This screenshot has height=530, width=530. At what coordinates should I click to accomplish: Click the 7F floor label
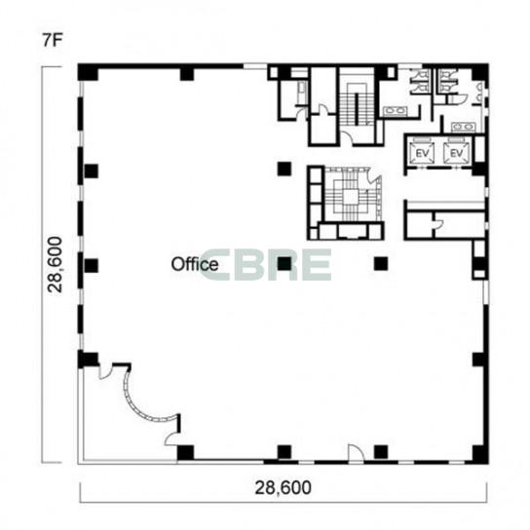click(53, 40)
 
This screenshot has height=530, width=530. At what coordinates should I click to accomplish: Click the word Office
click(194, 264)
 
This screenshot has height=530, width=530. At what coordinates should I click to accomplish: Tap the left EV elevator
click(422, 154)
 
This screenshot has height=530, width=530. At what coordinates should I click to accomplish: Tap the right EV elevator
click(456, 154)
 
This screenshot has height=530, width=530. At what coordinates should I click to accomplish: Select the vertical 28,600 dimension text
click(56, 265)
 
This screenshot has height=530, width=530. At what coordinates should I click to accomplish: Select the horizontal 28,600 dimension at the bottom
click(283, 488)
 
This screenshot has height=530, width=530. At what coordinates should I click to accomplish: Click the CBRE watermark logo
click(266, 265)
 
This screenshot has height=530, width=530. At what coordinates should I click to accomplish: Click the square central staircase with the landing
click(352, 197)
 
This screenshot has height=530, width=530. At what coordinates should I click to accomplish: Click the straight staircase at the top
click(357, 105)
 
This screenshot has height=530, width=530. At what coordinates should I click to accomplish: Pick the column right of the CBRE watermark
click(381, 264)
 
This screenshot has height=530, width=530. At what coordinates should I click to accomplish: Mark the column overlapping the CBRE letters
click(284, 264)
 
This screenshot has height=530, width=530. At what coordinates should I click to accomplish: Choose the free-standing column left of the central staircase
click(284, 169)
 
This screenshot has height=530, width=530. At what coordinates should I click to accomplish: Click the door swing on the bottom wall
click(356, 452)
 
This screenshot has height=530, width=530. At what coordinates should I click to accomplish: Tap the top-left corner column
click(88, 72)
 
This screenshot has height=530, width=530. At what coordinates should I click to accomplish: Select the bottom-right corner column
click(480, 454)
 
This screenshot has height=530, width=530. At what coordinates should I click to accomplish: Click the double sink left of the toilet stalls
click(396, 111)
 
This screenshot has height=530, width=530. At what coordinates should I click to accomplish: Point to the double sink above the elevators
click(463, 127)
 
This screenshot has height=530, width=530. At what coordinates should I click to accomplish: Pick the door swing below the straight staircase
click(346, 137)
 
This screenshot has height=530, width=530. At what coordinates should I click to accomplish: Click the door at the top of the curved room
click(105, 372)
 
